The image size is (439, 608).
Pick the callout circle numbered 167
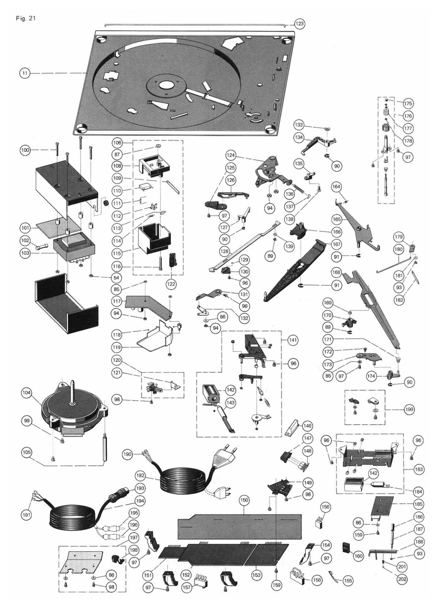pos(336,244)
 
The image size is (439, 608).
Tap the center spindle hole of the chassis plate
pos(166,86)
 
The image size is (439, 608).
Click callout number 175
pos(408,103)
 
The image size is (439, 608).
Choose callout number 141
pos(293,340)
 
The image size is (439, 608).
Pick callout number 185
pos(418,504)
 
